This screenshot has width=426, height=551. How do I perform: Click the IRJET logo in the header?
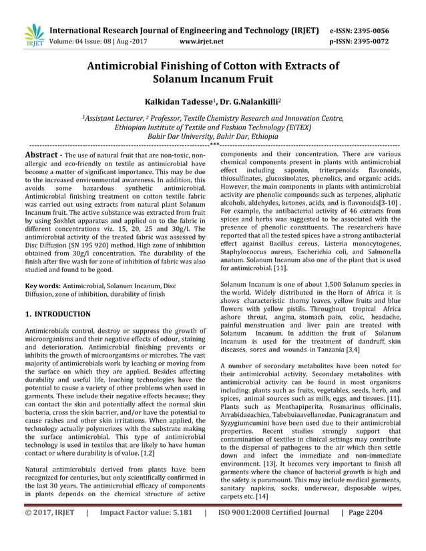coord(33,35)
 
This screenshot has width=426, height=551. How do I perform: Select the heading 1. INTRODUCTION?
coord(57,314)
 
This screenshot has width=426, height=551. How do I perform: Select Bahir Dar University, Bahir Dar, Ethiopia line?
coord(213,135)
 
